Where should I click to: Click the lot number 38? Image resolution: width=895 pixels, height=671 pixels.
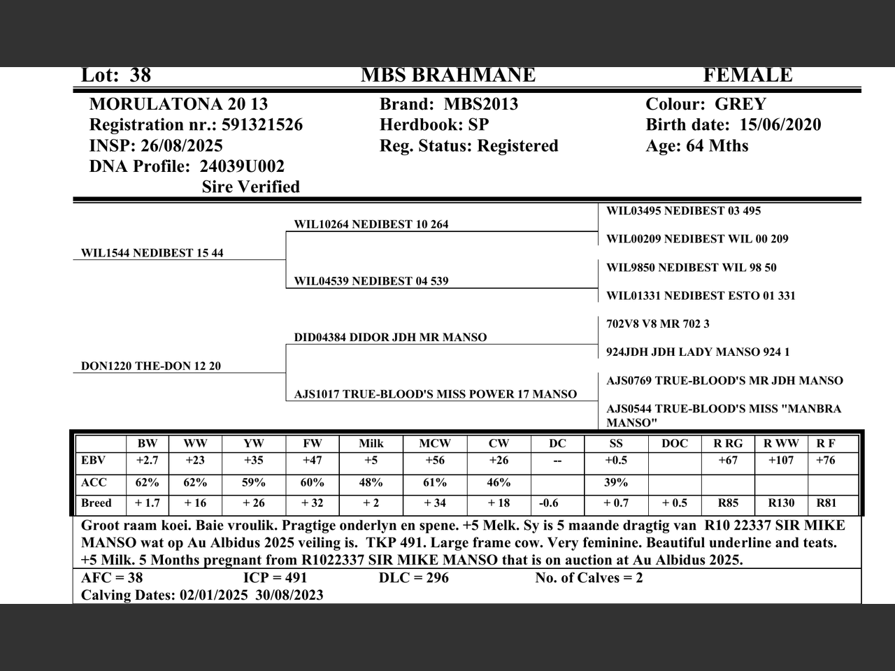[x=140, y=75]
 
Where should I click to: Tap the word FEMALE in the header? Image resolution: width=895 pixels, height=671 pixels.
[x=747, y=75]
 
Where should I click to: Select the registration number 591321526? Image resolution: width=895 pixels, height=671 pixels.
[x=262, y=125]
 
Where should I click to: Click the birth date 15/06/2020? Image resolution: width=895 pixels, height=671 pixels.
[x=780, y=125]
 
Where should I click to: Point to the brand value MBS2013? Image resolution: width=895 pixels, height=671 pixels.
[x=481, y=105]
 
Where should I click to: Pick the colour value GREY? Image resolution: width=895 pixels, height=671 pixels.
[x=740, y=105]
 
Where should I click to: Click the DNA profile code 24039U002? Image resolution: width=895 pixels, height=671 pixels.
[x=242, y=166]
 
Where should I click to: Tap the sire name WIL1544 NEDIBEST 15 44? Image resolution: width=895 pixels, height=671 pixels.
[x=152, y=253]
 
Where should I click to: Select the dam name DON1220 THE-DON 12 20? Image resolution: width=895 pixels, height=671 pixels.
[x=151, y=366]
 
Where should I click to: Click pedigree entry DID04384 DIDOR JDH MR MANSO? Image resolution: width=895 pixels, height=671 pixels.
[x=390, y=338]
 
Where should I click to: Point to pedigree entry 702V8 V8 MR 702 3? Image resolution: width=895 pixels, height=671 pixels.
[x=657, y=324]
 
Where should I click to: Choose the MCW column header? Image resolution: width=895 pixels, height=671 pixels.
[x=434, y=444]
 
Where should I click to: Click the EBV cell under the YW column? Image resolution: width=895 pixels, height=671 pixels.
[x=254, y=461]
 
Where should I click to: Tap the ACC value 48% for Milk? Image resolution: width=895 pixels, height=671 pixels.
[x=371, y=483]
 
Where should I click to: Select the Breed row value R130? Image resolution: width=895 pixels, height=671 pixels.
[x=781, y=503]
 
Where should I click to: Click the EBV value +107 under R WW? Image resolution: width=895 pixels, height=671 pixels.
[x=781, y=461]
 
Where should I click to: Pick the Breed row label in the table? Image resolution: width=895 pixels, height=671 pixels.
[x=96, y=503]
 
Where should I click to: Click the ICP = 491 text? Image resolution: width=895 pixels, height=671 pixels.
[x=275, y=578]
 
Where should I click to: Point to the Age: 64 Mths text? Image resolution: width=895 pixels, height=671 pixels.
[x=696, y=146]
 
